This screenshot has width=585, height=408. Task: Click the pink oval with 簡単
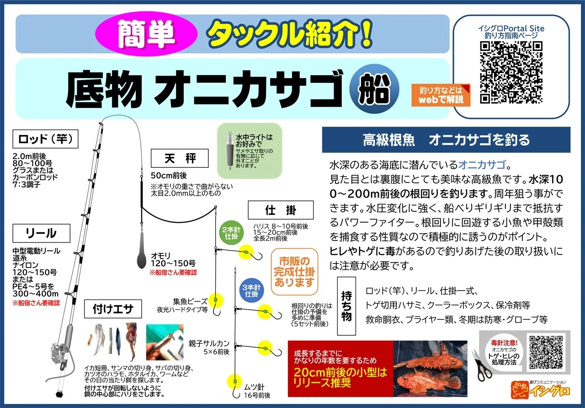click(146, 34)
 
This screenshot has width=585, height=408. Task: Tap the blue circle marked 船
click(374, 89)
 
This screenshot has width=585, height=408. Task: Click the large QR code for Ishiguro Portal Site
click(511, 73)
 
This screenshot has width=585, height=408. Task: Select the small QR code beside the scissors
click(546, 352)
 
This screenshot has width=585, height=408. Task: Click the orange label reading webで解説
click(441, 95)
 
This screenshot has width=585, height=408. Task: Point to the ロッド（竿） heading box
click(45, 139)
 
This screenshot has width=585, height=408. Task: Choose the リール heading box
click(41, 233)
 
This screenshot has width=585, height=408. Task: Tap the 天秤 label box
click(180, 158)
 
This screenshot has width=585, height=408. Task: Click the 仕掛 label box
click(281, 210)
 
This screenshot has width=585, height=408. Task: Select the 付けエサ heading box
click(113, 309)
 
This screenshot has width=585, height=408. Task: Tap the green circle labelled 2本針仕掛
click(231, 233)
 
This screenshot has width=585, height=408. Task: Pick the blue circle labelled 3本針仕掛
click(251, 290)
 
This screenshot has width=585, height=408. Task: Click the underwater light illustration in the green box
click(230, 151)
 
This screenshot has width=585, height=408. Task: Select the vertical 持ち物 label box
click(346, 306)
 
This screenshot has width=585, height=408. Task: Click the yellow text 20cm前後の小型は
click(340, 372)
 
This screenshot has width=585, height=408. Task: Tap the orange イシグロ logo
click(541, 390)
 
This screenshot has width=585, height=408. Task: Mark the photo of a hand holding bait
click(165, 342)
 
